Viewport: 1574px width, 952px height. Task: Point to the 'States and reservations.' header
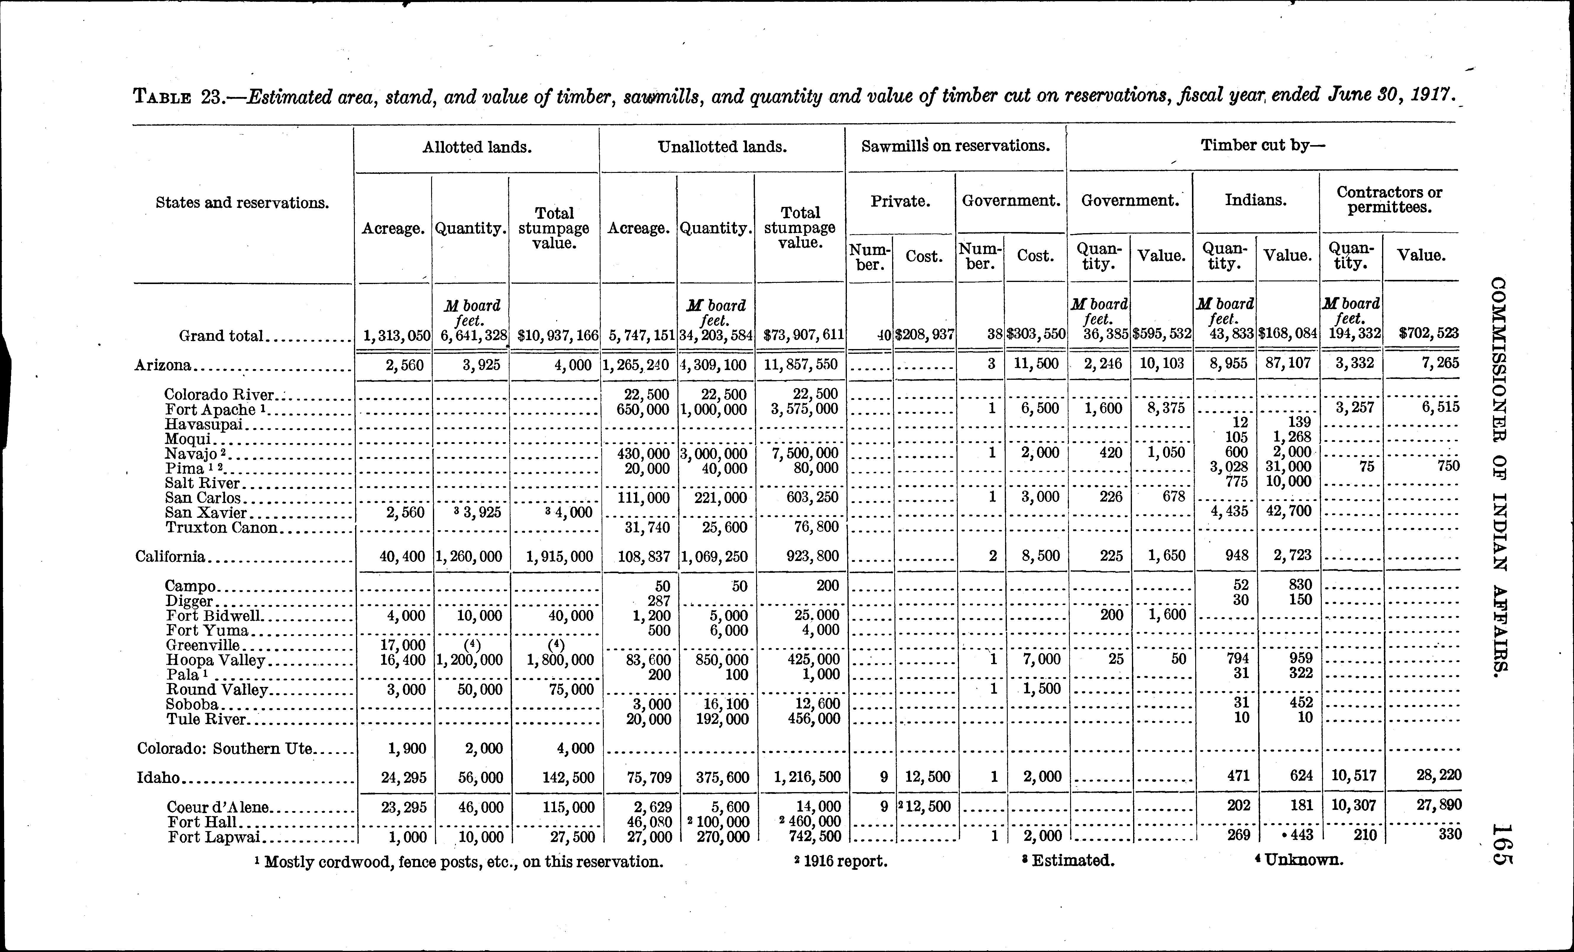pos(242,203)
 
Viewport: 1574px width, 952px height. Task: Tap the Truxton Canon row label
pos(221,528)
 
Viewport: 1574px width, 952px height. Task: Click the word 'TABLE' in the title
pos(162,98)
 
